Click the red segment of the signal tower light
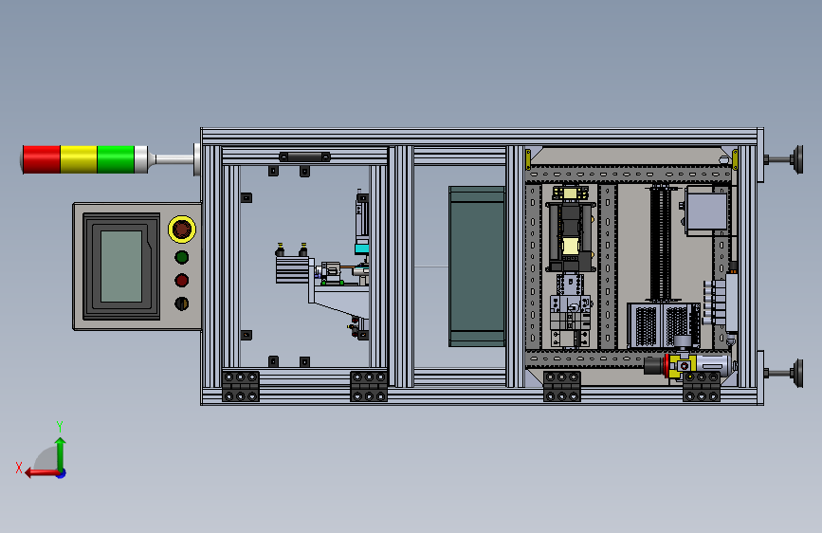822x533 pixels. pos(42,159)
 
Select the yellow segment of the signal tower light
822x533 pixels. pos(79,159)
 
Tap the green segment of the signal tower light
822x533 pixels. pos(116,159)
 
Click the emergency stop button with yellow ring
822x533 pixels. pos(182,230)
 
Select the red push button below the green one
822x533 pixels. pos(182,281)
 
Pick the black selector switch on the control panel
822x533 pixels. pos(181,303)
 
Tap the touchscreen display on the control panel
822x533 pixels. pos(121,266)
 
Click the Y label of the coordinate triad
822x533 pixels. pos(60,426)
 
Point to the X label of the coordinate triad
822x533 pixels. pos(19,468)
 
